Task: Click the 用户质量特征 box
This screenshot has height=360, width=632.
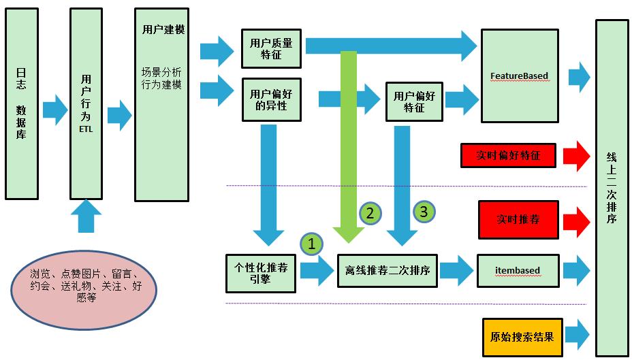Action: (271, 48)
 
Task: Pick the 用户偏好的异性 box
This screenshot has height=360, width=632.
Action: (271, 100)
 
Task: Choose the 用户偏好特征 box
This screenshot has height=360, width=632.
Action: (413, 102)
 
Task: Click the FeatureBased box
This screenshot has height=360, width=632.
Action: (519, 76)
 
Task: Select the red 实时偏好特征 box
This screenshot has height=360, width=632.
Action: (507, 156)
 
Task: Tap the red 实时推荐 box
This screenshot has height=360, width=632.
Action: (518, 220)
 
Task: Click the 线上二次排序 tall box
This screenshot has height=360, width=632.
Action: (611, 187)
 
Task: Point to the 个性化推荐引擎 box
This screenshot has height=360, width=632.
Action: (260, 273)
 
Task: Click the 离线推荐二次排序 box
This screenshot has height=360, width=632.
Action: (387, 270)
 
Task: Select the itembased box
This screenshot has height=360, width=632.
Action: (518, 270)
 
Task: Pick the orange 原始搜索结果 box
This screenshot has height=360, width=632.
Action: (522, 337)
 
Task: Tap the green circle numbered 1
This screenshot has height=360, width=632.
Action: (311, 243)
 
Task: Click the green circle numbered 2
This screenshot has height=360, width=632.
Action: (370, 212)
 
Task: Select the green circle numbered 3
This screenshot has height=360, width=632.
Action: (423, 211)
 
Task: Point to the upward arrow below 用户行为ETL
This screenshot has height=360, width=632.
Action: (85, 216)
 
